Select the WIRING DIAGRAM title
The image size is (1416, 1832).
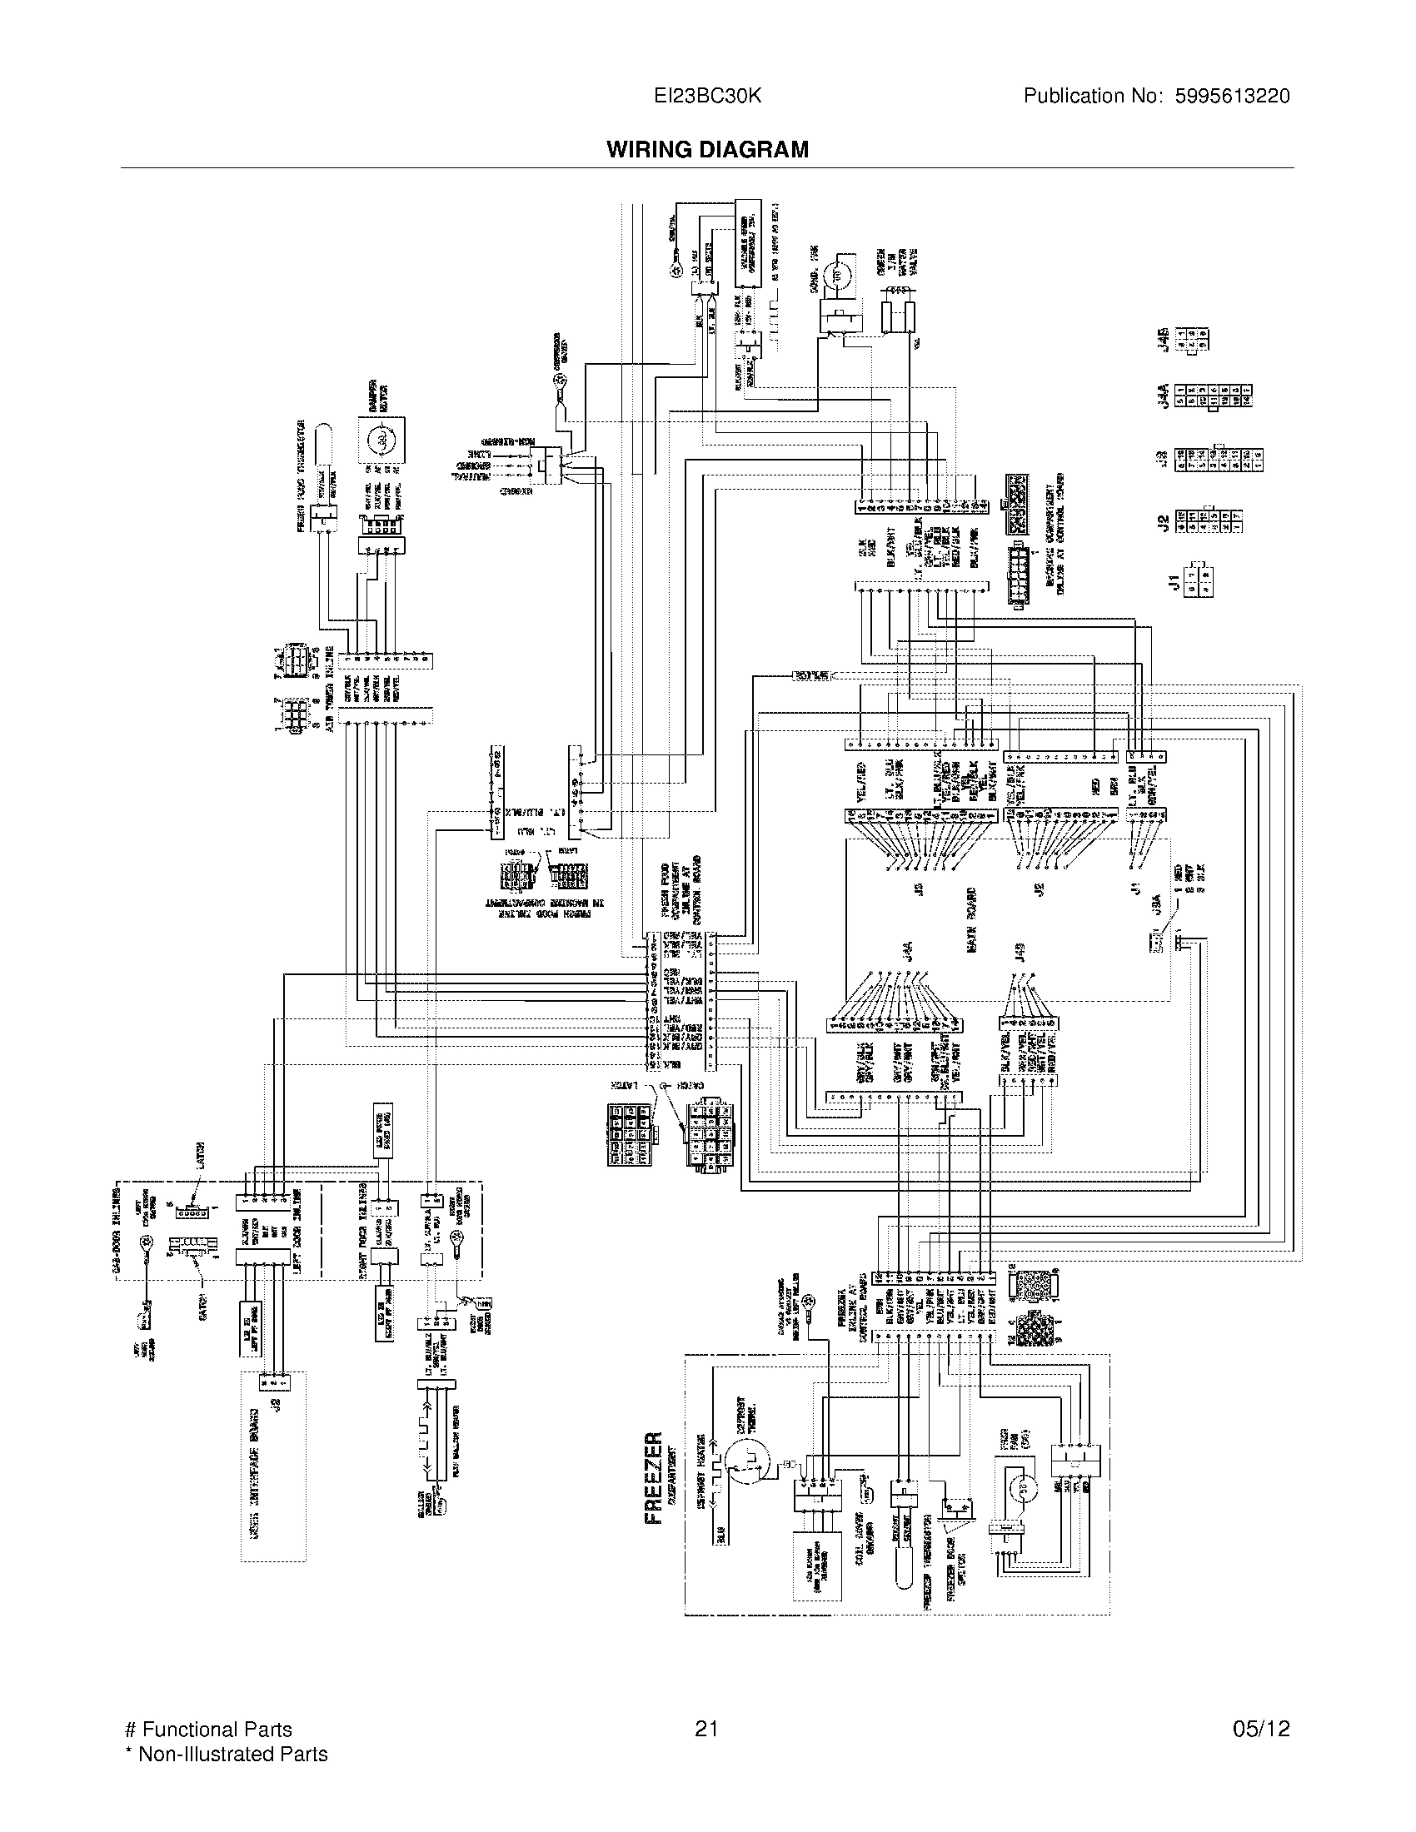click(707, 150)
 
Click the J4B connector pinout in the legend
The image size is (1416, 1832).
click(1193, 339)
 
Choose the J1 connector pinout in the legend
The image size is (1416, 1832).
click(1199, 580)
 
